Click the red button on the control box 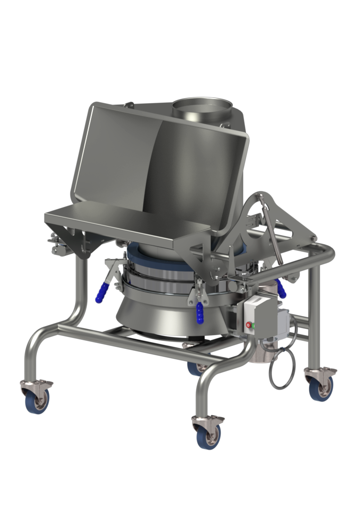click(248, 325)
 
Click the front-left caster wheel click(37, 398)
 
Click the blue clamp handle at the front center click(200, 312)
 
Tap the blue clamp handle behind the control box click(281, 289)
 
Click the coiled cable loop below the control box click(282, 368)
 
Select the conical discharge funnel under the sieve click(155, 316)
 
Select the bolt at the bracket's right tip click(312, 239)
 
